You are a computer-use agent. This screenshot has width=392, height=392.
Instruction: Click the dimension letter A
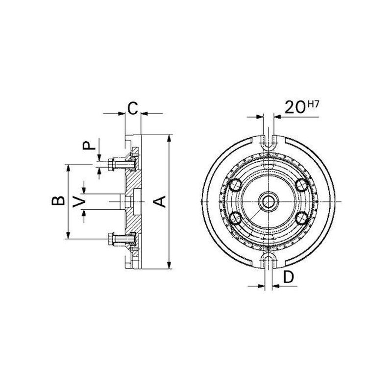(160, 202)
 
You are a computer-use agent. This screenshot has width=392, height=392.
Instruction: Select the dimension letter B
(58, 201)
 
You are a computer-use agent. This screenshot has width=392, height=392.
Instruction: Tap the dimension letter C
(132, 108)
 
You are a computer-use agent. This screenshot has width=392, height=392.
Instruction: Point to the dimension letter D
(289, 277)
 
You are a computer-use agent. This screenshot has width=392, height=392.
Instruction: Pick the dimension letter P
(89, 145)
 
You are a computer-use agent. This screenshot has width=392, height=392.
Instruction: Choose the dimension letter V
(79, 201)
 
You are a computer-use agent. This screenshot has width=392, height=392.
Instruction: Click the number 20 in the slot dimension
(295, 107)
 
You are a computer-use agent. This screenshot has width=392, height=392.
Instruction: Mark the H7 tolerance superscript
(313, 104)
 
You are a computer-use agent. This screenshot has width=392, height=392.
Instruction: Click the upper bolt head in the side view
(112, 165)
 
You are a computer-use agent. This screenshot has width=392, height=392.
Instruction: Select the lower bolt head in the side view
(112, 239)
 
